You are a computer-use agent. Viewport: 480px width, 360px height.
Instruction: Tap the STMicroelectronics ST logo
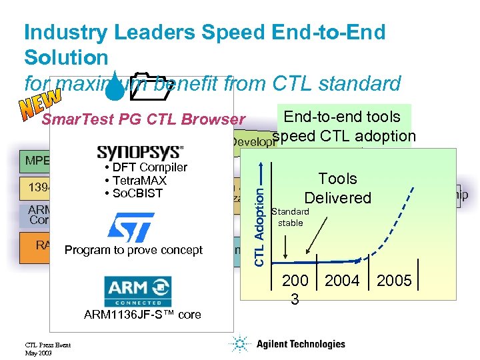(x=131, y=227)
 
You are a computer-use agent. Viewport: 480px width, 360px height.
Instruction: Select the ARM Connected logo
(x=137, y=291)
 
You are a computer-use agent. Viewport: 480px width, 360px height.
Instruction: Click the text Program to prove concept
(x=133, y=250)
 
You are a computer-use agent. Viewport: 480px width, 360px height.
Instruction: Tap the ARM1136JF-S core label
(x=143, y=315)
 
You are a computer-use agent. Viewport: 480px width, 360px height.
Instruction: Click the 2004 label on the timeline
(x=342, y=281)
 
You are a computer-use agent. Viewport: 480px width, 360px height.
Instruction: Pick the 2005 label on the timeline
(x=394, y=281)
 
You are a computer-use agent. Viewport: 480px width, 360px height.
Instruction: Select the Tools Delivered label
(x=337, y=188)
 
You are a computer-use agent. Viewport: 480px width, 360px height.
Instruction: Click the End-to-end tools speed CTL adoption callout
(x=343, y=126)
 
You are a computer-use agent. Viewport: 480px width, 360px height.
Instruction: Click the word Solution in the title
(x=65, y=57)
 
